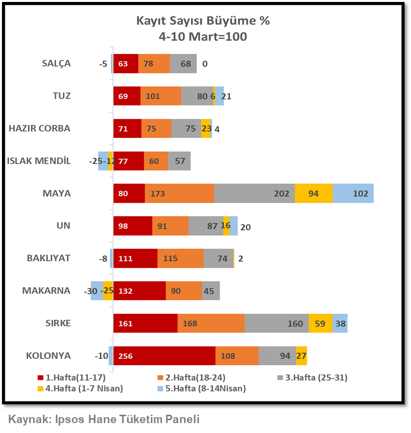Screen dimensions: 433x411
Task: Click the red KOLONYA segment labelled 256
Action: click(164, 356)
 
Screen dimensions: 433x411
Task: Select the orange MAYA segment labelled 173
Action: click(179, 193)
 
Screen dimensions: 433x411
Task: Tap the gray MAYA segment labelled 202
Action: click(254, 193)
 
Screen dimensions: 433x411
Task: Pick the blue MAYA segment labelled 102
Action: click(353, 193)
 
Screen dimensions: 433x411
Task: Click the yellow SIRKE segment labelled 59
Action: click(320, 323)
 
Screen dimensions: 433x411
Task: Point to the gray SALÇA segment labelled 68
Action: click(183, 64)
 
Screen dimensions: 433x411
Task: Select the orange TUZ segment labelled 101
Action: click(160, 96)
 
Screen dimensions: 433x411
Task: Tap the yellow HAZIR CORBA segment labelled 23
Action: click(206, 129)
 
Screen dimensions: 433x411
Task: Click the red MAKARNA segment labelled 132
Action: click(139, 291)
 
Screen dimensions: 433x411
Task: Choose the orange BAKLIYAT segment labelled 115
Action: click(181, 258)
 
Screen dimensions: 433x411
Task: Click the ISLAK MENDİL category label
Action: click(39, 161)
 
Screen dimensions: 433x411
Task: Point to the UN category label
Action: click(64, 225)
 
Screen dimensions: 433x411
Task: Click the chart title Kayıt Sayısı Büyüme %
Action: click(203, 21)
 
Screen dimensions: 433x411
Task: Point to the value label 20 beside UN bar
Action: click(245, 227)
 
